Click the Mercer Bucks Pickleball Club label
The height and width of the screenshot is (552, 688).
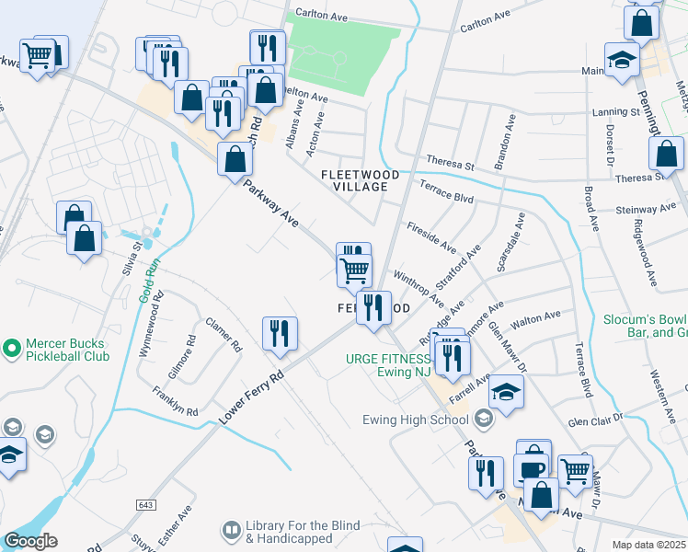pos(67,350)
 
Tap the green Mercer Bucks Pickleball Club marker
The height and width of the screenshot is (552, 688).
pos(11,349)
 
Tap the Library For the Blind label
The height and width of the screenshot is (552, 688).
pos(302,531)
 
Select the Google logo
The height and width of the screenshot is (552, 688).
pos(30,541)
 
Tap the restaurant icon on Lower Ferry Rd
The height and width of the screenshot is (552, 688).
pos(280,333)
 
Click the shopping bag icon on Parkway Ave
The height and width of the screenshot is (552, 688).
pos(235,158)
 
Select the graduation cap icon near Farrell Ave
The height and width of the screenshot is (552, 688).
pos(505,391)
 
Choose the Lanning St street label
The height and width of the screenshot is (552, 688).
pos(615,111)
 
